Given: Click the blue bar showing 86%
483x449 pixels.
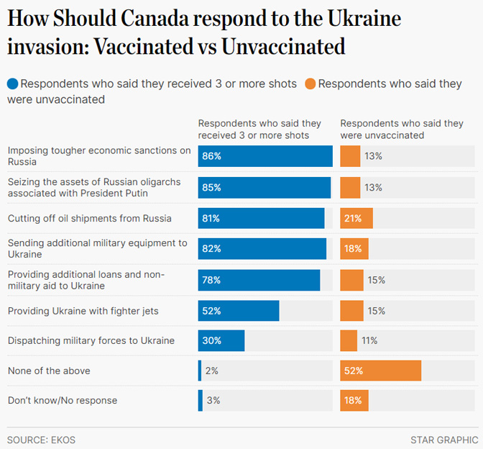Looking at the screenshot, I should pos(265,156).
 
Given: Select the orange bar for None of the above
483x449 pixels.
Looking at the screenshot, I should pos(380,371).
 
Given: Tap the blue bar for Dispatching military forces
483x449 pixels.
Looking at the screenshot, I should pos(221,340).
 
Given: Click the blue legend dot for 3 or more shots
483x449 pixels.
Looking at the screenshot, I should pos(13,83).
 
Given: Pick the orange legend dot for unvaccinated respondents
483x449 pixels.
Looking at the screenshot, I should pos(310,83).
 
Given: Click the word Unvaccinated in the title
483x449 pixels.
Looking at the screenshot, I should pos(283,47).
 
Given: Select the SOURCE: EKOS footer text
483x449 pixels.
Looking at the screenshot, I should pos(41,440).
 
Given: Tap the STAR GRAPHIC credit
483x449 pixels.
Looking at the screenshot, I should pos(444,440).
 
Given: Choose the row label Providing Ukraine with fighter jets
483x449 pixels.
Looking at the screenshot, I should pos(83,311).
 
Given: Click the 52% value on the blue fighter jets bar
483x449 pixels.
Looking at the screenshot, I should pos(211,311).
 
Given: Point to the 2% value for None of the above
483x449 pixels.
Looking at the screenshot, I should pos(211,371).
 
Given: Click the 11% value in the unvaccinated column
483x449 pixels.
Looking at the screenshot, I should pos(369,340).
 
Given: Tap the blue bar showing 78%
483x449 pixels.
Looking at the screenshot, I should pos(259,280).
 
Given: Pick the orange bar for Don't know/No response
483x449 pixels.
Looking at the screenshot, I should pos(354,400).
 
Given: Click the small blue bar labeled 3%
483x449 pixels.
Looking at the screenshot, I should pos(201,400).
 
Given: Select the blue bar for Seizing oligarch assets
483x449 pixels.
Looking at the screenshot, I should pos(264,187).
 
